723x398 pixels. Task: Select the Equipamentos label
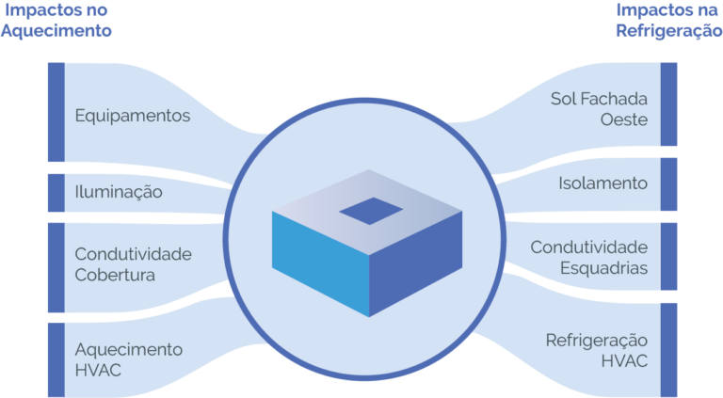[x=133, y=117]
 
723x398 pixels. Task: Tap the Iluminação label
[x=119, y=193]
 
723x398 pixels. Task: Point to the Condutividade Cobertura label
[x=133, y=264]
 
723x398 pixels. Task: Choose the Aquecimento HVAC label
[x=129, y=359]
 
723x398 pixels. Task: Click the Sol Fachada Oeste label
[x=599, y=109]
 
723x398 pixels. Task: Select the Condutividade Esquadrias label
[x=589, y=257]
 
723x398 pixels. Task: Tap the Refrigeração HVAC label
[x=597, y=349]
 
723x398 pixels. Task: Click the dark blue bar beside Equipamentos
[x=56, y=112]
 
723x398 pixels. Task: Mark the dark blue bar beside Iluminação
[x=56, y=193]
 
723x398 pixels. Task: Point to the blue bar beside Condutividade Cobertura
[x=56, y=267]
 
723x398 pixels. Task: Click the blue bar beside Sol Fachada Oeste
[x=668, y=104]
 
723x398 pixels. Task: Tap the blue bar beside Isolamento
[x=668, y=183]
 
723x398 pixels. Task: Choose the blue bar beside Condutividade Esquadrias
[x=668, y=257]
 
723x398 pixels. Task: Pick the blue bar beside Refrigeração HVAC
[x=668, y=349]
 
